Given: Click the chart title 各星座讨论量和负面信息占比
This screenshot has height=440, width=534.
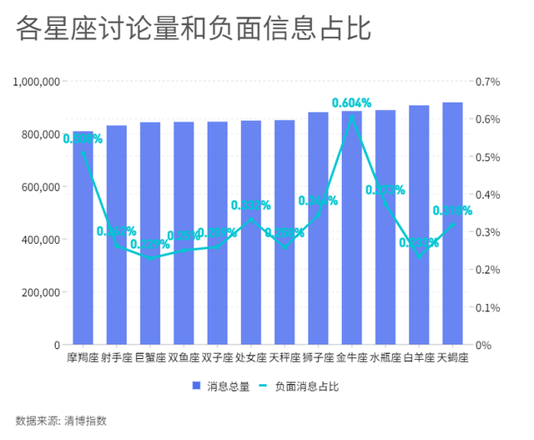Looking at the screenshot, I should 193,29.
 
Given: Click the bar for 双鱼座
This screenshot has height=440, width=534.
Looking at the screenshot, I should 184,242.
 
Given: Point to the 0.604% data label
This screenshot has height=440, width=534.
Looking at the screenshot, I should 351,103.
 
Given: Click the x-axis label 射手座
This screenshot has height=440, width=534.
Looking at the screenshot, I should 117,358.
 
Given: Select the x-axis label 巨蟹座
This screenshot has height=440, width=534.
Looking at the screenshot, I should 150,358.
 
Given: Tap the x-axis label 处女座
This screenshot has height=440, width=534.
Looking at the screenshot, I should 251,358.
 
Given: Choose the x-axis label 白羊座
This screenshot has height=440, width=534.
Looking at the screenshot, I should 419,358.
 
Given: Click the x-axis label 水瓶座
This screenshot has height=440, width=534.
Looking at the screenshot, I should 385,358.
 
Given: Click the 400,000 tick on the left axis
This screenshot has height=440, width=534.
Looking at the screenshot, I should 40,240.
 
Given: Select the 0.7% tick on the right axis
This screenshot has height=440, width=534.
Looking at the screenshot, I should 488,82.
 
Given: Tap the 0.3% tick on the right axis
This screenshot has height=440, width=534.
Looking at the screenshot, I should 488,232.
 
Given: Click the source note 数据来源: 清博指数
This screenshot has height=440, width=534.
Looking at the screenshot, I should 61,420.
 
